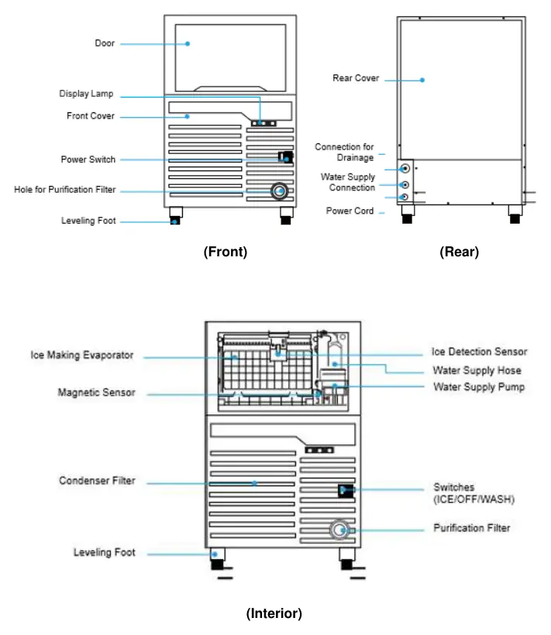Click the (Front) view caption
[x=226, y=252]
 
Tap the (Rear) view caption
[x=459, y=252]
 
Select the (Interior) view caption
[x=274, y=613]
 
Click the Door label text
[x=105, y=43]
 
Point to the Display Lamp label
[x=86, y=94]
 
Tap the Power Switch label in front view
[x=88, y=160]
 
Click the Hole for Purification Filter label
[x=65, y=190]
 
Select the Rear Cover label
[x=356, y=77]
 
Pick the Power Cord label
[x=350, y=211]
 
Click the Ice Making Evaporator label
[x=82, y=355]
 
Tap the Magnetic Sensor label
[x=96, y=393]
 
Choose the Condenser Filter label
[x=97, y=481]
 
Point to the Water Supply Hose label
[x=477, y=370]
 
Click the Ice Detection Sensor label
[x=479, y=352]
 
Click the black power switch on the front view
[x=286, y=156]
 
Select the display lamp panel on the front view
[x=263, y=123]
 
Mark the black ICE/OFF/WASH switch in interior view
[x=346, y=491]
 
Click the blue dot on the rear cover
[x=422, y=81]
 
